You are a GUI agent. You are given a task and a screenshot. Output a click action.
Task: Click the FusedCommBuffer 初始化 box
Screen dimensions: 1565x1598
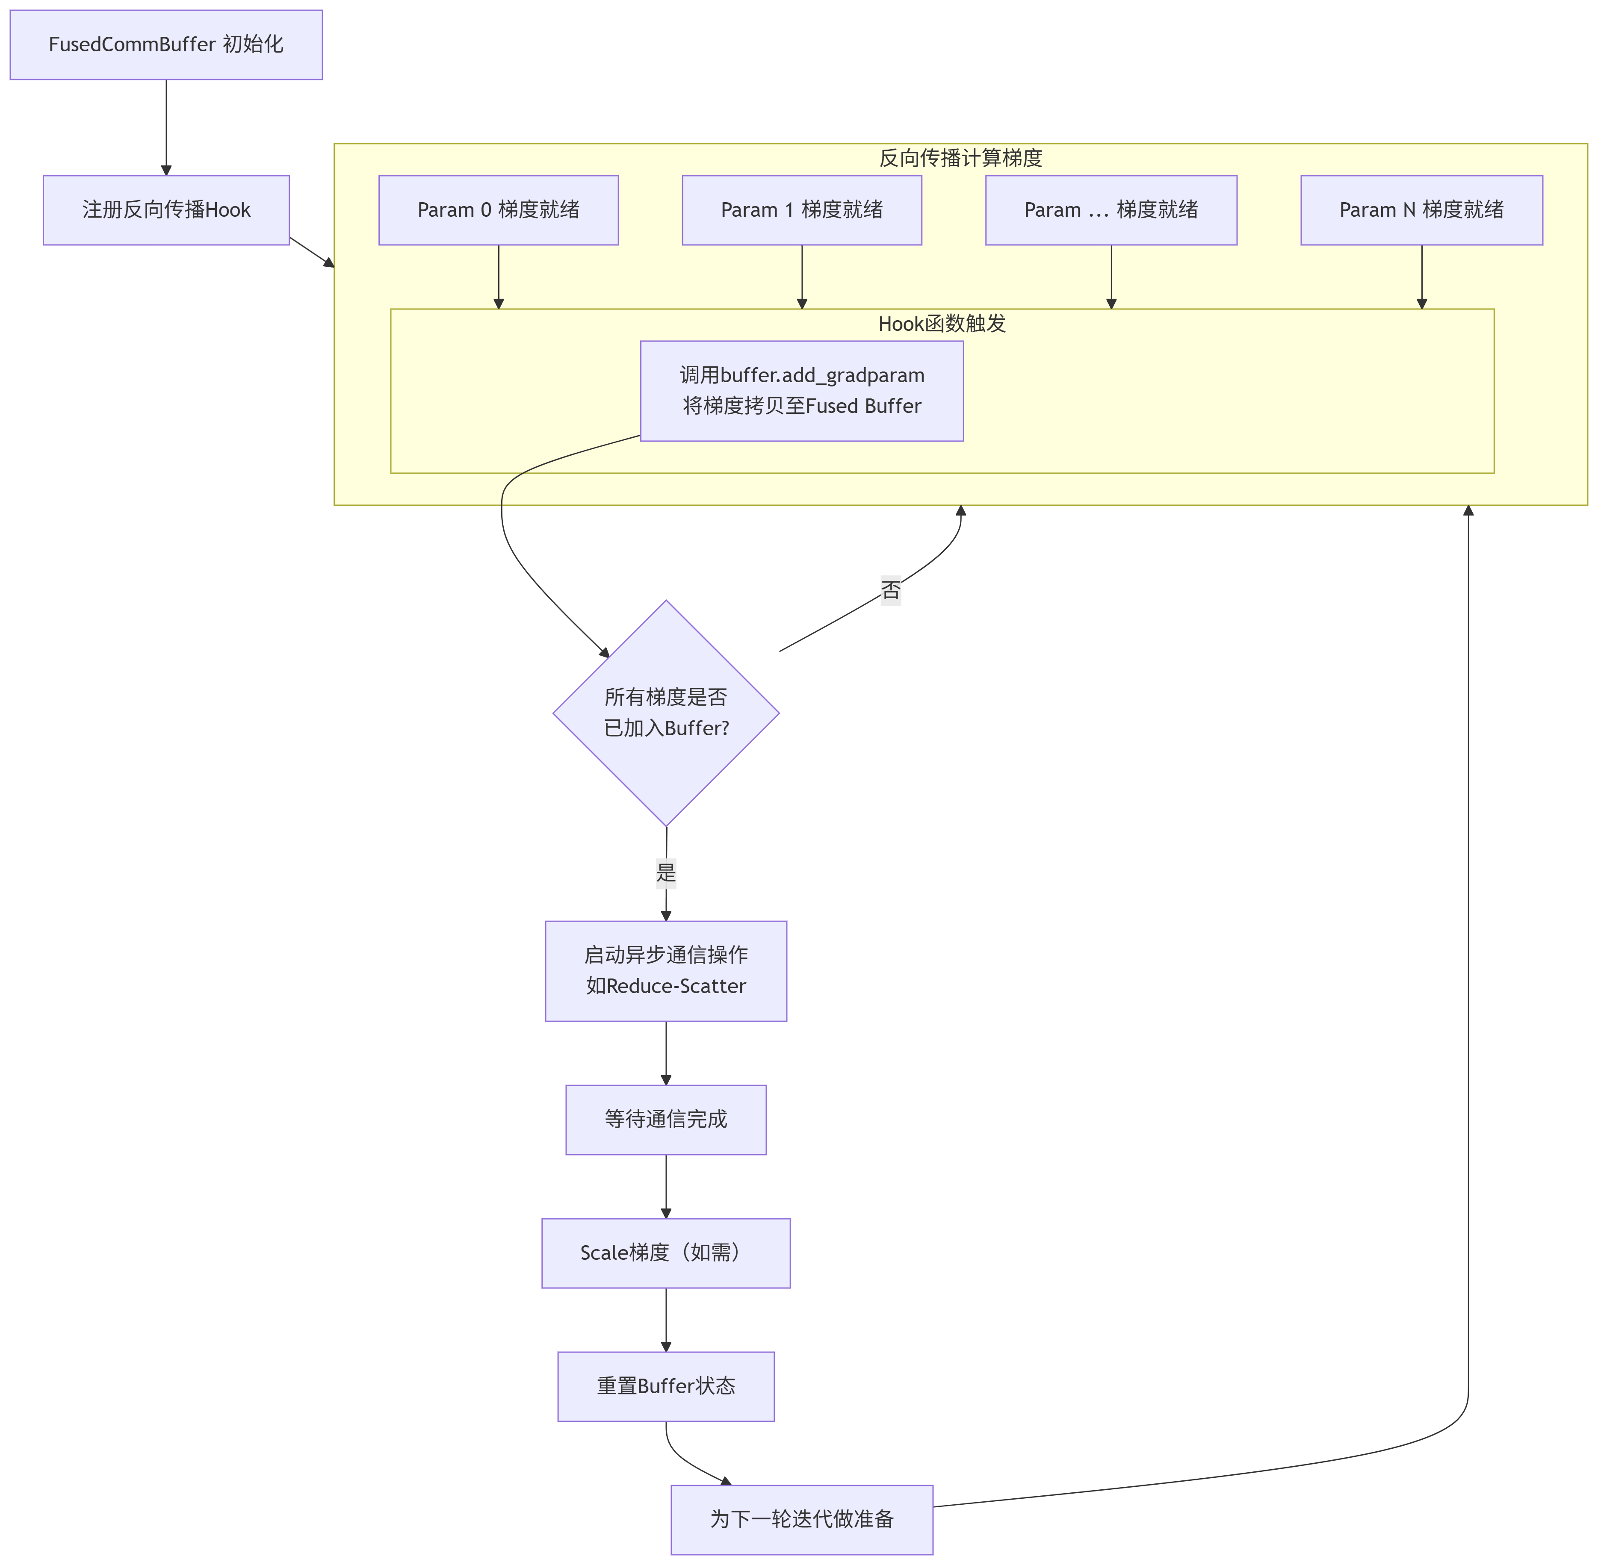166,44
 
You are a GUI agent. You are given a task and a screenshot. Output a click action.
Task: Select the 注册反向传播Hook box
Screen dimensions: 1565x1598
166,209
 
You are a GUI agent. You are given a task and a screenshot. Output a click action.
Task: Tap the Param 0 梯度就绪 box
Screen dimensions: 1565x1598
498,209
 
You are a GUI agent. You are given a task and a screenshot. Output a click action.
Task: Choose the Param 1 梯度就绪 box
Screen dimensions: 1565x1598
801,209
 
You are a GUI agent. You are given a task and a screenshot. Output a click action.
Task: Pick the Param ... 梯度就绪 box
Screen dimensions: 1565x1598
1111,209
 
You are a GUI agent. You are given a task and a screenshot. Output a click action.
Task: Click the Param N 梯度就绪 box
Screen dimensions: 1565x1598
1421,209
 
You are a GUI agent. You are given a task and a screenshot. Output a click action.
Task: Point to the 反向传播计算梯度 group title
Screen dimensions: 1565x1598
960,158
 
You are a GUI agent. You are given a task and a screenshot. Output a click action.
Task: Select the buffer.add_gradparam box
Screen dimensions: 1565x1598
801,390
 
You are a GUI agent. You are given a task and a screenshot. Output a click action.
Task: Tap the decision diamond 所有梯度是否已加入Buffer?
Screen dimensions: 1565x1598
666,713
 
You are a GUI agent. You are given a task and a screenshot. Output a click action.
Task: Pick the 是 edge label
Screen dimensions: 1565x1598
666,872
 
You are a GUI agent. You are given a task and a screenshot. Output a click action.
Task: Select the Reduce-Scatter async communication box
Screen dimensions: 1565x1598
666,971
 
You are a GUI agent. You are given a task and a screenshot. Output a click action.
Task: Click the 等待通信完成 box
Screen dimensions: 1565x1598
666,1120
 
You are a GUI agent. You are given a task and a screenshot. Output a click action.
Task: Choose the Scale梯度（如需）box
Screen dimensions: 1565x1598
666,1253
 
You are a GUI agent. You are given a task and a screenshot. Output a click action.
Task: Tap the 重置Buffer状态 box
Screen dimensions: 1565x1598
666,1386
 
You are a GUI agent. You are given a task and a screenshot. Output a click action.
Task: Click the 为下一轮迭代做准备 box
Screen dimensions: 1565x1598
801,1519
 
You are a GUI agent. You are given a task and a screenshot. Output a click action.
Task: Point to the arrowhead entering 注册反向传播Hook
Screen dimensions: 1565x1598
166,170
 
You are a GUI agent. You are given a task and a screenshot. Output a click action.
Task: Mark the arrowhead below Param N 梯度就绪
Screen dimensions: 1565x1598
1421,304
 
